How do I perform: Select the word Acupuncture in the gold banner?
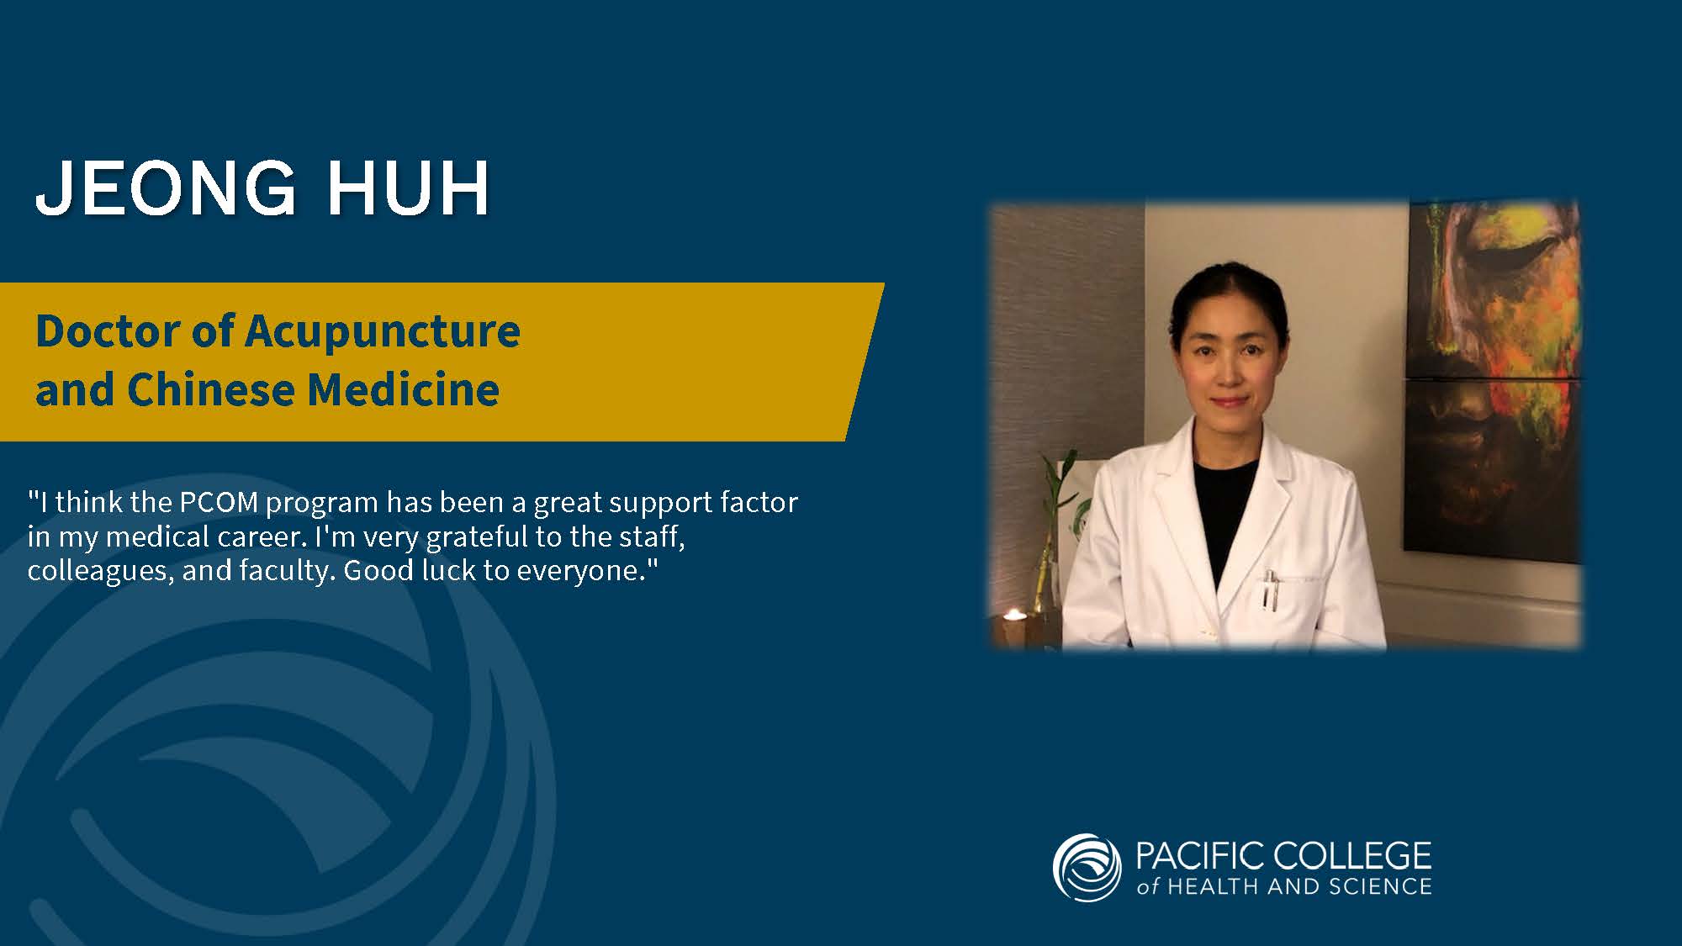tap(383, 332)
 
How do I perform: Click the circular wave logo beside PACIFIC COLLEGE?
tap(1087, 867)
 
